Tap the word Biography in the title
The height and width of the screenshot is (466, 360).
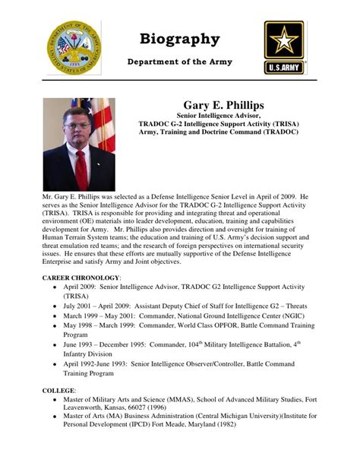180,39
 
